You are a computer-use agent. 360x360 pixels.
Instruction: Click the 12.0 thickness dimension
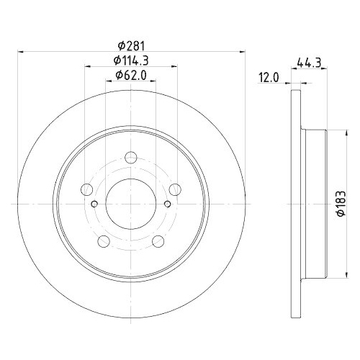pos(269,78)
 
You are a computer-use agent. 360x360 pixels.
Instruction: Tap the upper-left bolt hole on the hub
pos(87,190)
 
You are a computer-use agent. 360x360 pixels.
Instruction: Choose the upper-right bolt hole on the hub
pos(175,190)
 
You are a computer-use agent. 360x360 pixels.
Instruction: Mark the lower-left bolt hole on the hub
pos(103,240)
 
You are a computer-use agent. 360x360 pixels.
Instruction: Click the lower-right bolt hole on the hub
pos(158,240)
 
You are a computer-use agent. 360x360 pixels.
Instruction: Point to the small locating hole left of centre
pos(95,203)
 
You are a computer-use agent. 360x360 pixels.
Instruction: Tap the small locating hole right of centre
pos(167,203)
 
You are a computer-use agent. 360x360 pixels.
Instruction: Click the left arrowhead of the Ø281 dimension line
pos(20,50)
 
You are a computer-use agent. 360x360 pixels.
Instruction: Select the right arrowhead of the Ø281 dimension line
pos(241,50)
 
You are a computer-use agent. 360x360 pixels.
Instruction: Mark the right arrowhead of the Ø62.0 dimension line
pos(154,81)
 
